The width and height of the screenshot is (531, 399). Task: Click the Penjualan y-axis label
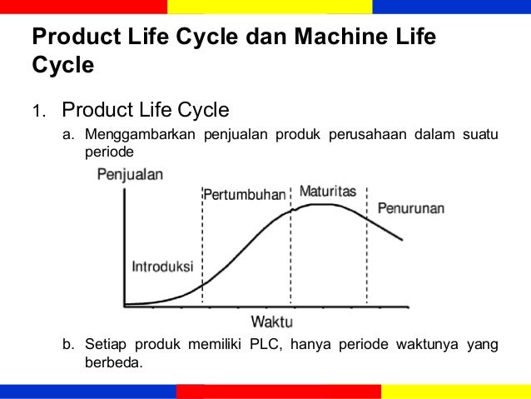(x=131, y=175)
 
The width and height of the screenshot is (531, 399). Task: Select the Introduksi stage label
(x=163, y=267)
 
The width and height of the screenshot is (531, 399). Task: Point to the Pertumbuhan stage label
(x=244, y=194)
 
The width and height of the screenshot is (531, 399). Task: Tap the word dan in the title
(x=253, y=38)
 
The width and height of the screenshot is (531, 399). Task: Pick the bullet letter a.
(x=69, y=137)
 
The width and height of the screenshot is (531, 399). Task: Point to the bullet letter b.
(x=69, y=346)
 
